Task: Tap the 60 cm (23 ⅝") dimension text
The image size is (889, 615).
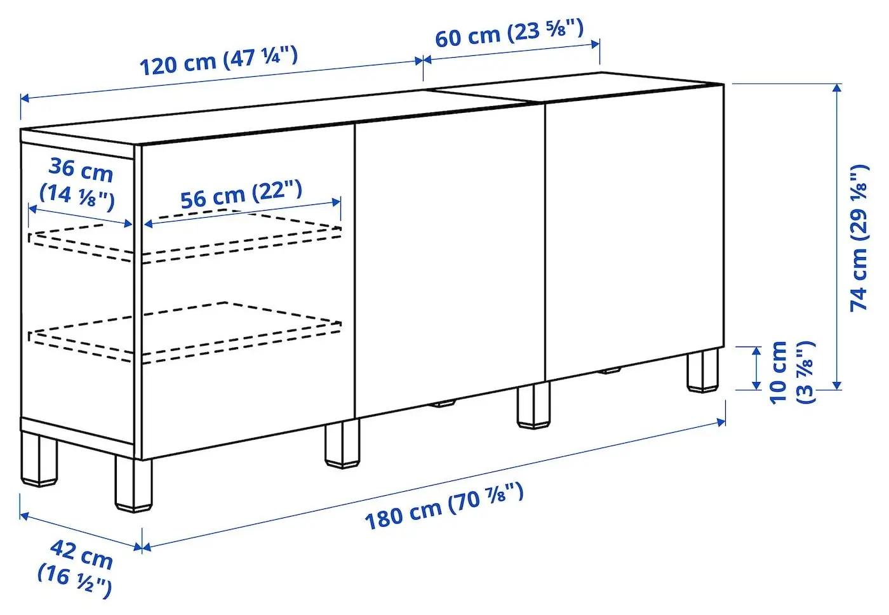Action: point(509,33)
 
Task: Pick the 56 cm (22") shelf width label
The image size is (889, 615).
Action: point(241,194)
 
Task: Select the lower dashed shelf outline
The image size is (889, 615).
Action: point(184,333)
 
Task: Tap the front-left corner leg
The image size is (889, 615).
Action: point(133,484)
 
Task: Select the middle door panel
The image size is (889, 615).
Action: point(449,260)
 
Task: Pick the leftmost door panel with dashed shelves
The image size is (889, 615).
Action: point(248,393)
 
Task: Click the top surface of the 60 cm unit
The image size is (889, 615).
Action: point(571,89)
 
